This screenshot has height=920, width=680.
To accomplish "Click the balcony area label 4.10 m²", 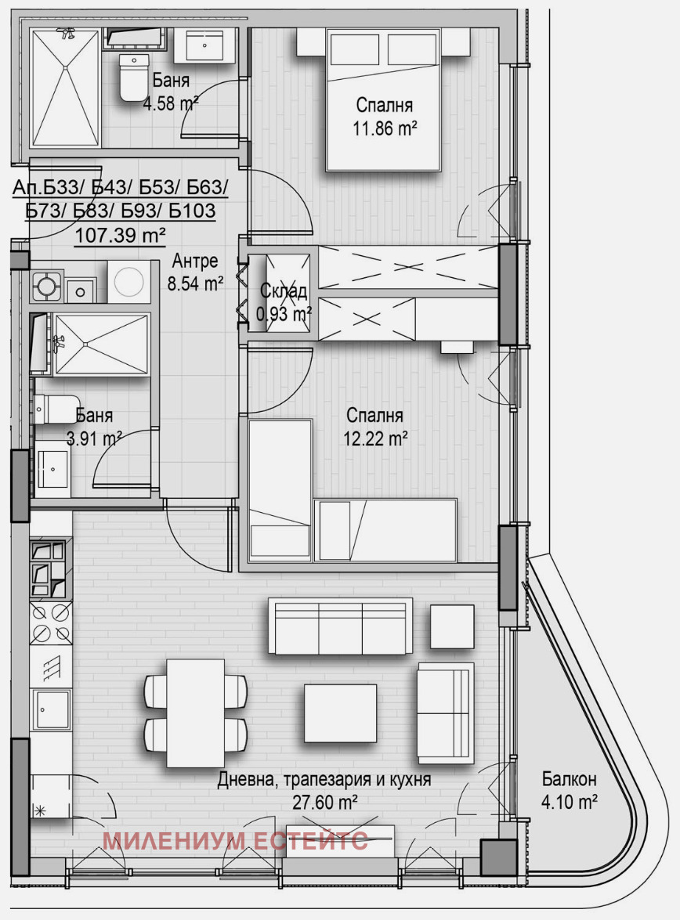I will coord(570,802).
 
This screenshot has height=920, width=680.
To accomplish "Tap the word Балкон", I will coord(570,780).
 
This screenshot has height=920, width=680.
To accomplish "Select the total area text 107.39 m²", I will coord(120,233).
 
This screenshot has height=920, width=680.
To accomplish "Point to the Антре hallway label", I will coord(195,262).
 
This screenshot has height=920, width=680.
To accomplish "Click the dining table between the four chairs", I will coord(196,713).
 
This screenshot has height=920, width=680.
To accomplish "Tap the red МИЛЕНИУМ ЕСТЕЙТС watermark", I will coord(235,841).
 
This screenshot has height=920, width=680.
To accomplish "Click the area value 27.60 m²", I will coord(326,802).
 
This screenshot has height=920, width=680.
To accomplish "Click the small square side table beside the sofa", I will coord(452,626).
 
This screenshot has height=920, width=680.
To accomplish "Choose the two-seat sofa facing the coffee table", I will coord(445,713).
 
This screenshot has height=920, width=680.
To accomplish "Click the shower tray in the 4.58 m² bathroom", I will coord(65,88).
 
